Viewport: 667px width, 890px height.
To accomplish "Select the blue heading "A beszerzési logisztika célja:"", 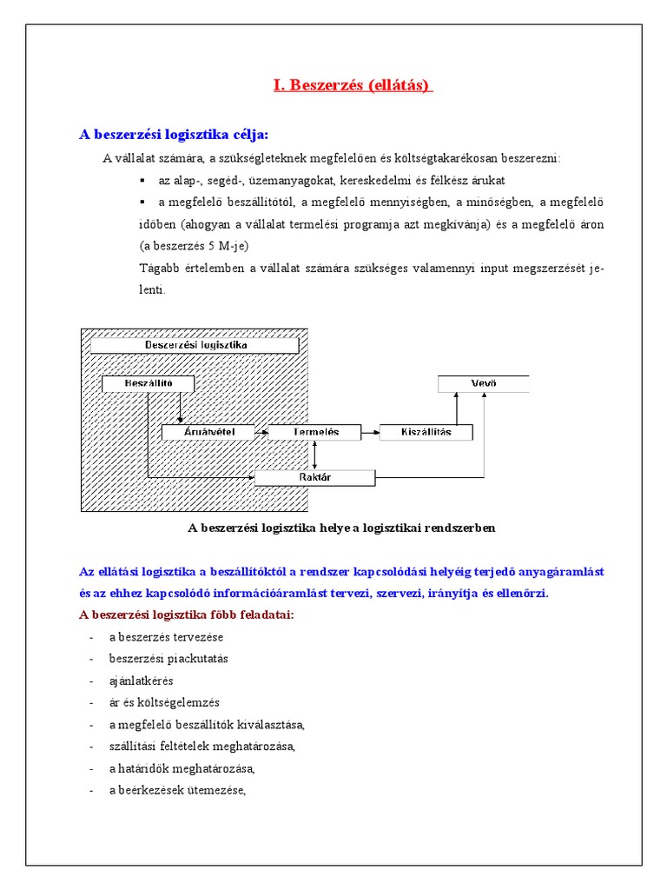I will tap(174, 134).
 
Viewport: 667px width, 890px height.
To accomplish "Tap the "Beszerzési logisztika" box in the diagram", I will tap(195, 345).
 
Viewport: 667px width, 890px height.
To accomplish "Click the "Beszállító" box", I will tap(148, 383).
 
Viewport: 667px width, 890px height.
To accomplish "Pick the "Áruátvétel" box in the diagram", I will tap(208, 432).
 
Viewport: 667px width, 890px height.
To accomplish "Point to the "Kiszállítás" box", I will tap(426, 432).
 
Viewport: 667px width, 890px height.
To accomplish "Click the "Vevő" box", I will tap(483, 383).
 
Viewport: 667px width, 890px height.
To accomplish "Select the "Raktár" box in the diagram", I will tap(314, 477).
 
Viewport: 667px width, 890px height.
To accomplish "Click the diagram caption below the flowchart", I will tap(341, 528).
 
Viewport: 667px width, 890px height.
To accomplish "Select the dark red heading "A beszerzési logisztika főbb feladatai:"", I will tap(187, 615).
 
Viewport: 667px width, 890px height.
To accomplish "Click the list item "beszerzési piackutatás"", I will tap(168, 659).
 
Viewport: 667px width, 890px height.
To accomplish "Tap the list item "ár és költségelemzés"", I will tap(164, 702).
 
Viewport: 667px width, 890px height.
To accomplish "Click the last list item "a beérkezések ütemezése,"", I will tap(178, 790).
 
